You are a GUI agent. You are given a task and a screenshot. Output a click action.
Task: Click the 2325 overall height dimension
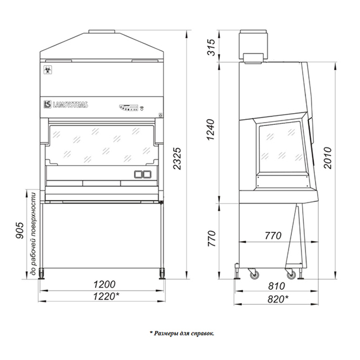click(177, 159)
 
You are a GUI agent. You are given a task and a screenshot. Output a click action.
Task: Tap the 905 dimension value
click(20, 230)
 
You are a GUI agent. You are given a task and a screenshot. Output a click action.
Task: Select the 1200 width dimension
click(104, 285)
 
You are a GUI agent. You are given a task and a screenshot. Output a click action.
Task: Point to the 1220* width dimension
click(106, 296)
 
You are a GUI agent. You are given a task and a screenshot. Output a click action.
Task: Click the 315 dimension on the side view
click(211, 47)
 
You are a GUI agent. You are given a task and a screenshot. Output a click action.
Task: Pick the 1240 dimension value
click(211, 129)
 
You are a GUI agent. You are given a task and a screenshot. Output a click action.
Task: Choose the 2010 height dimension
click(327, 158)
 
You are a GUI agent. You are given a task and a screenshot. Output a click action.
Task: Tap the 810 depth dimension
click(276, 286)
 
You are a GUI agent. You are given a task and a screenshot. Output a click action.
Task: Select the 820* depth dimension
click(278, 299)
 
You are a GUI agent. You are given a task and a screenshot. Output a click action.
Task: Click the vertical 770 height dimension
click(211, 238)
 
